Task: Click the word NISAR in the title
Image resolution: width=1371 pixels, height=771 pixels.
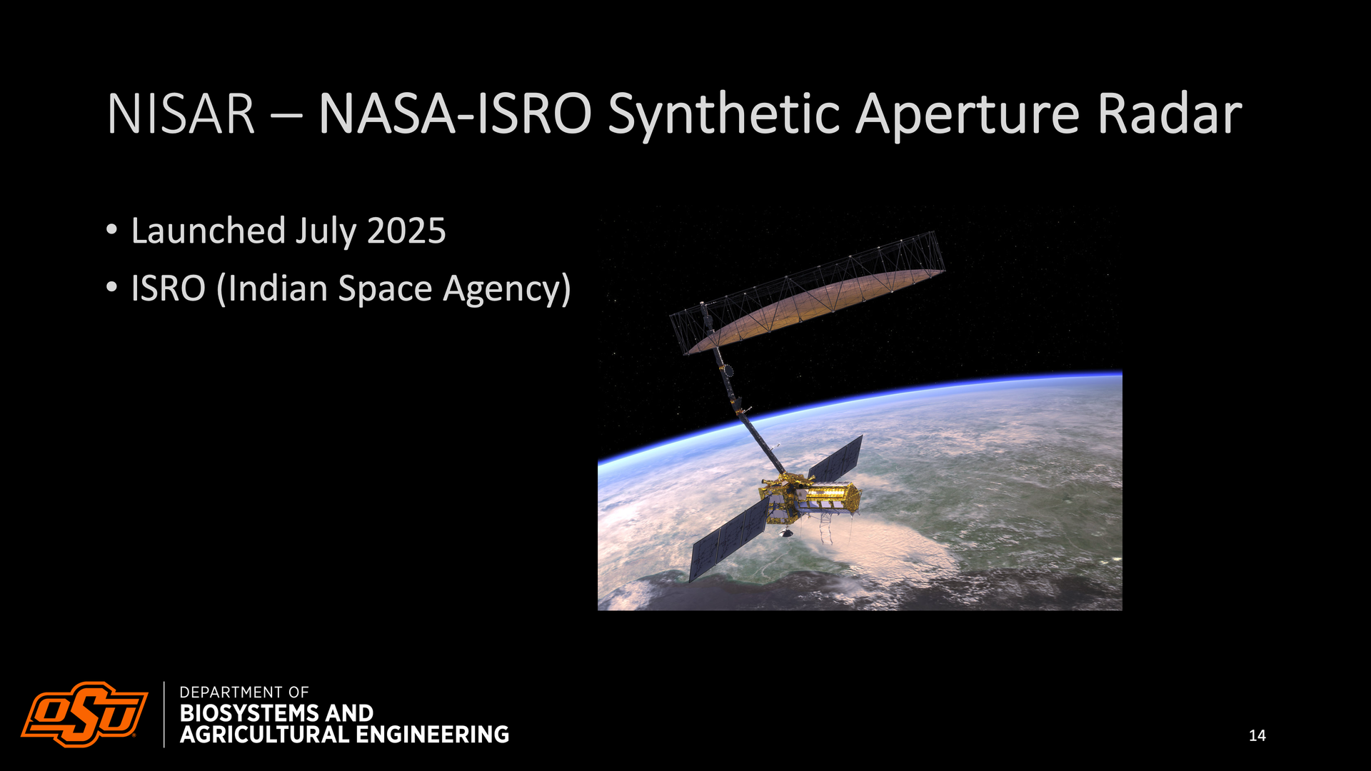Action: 181,114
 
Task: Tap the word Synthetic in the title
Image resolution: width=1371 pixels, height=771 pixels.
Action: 723,116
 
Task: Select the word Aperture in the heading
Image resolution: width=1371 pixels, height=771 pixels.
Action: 967,116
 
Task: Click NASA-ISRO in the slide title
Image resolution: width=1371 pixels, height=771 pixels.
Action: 455,114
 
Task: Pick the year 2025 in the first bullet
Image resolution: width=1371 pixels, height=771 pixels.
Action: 406,231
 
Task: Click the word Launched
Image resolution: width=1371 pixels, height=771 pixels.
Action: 209,231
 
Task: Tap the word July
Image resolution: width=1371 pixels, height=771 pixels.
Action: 326,233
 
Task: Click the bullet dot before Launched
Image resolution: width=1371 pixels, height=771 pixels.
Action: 111,231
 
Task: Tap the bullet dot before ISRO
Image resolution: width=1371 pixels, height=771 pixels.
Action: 111,288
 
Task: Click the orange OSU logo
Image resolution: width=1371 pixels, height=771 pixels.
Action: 84,714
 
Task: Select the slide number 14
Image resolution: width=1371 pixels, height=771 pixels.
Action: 1257,735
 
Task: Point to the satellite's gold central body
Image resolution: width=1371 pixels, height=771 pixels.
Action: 810,495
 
